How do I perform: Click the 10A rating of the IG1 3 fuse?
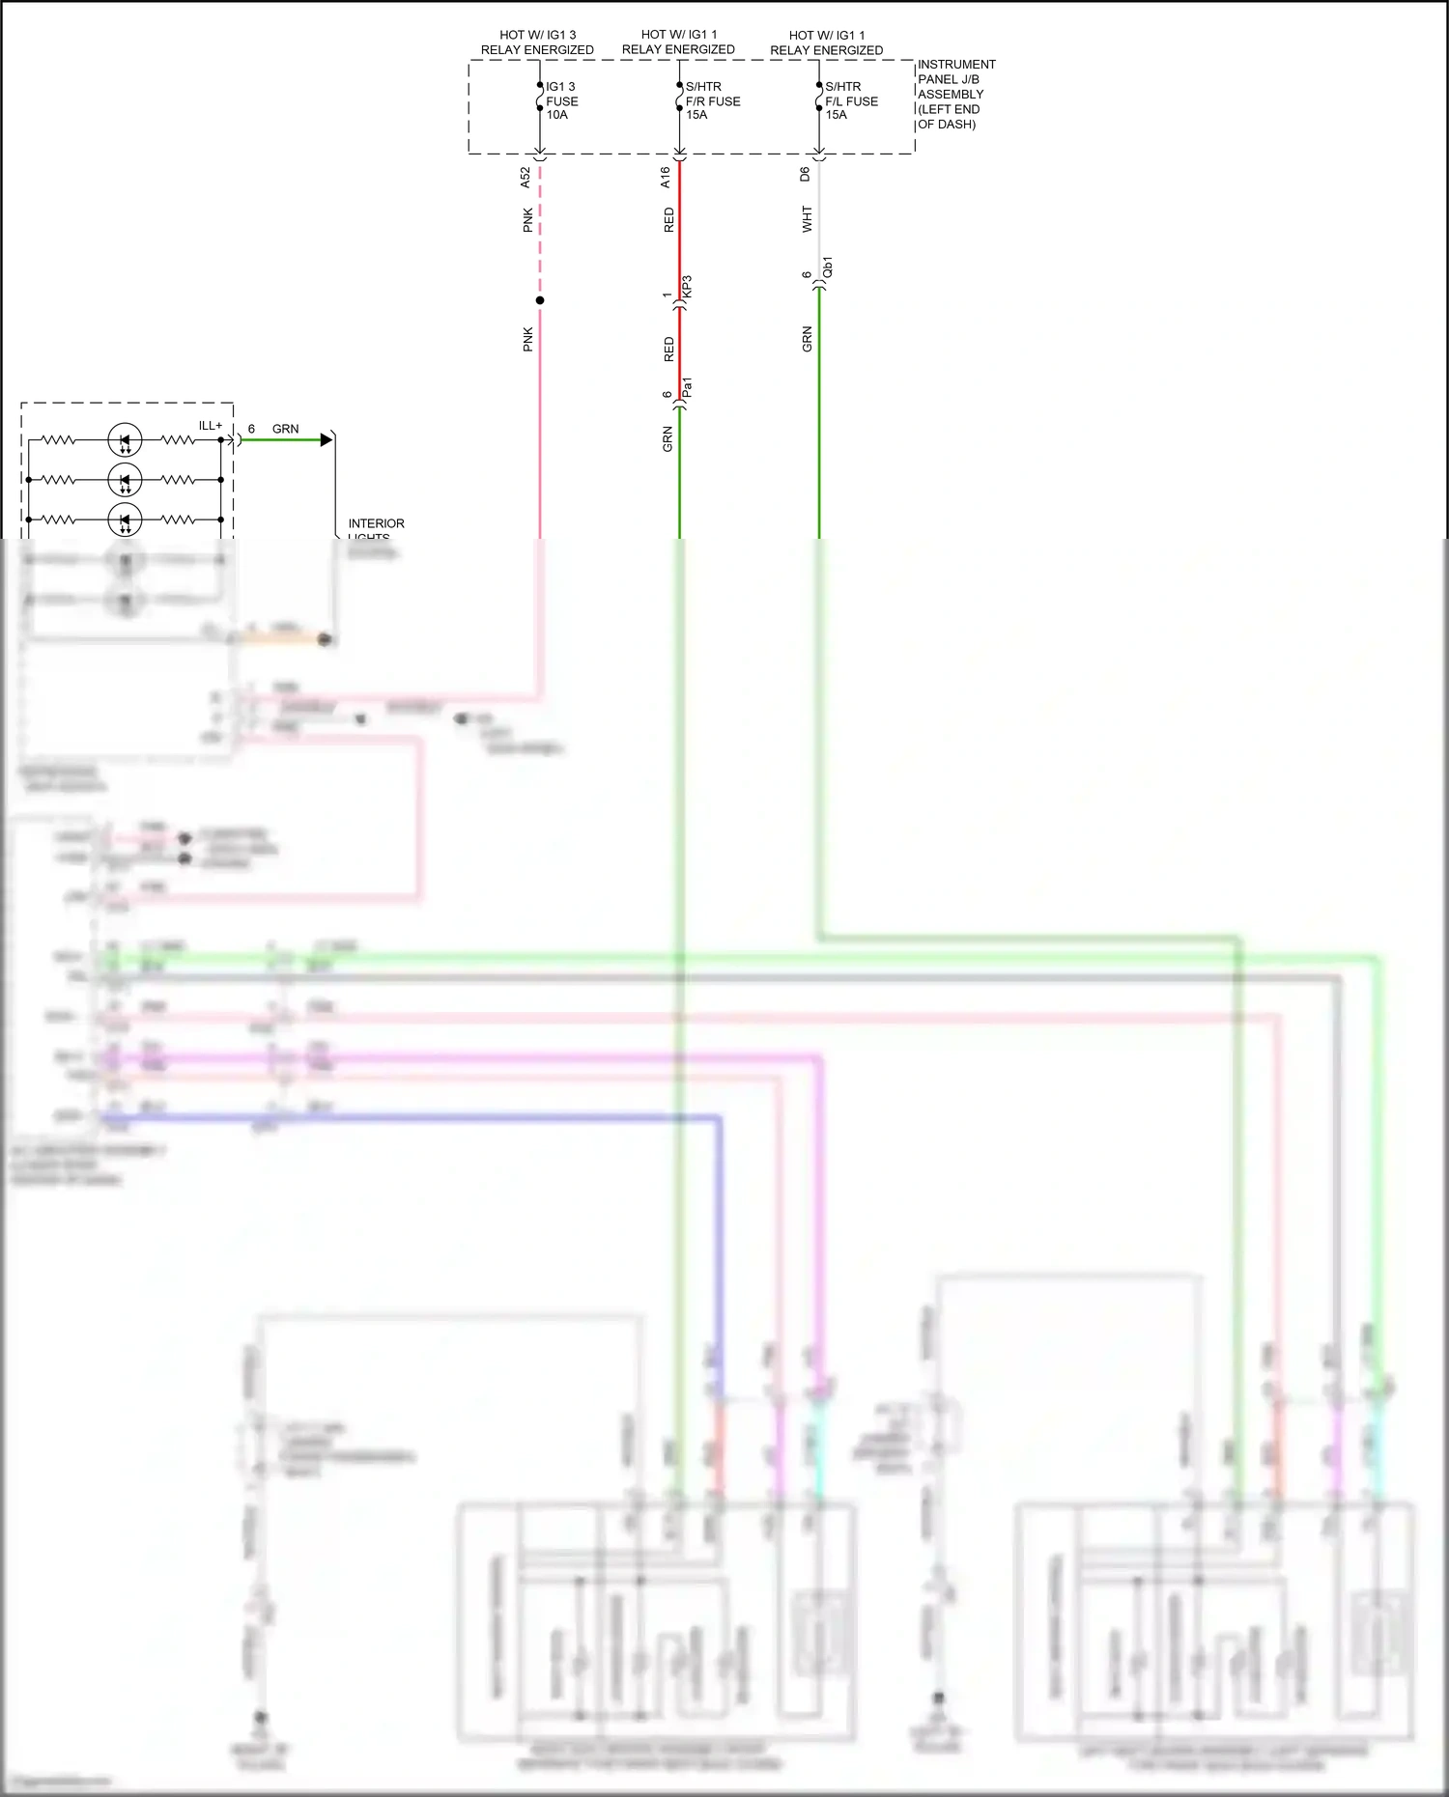557,115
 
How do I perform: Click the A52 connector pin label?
526,177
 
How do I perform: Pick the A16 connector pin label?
666,177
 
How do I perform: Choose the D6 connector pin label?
805,174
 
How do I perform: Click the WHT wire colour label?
808,219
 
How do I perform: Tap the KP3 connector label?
688,287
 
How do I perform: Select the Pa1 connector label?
688,388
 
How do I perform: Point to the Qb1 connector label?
828,268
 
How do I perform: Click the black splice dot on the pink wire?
540,300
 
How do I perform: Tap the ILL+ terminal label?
210,426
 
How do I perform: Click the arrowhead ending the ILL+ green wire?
327,440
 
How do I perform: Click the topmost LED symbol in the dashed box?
125,440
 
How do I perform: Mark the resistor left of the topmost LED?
58,440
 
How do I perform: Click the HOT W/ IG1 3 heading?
537,35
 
